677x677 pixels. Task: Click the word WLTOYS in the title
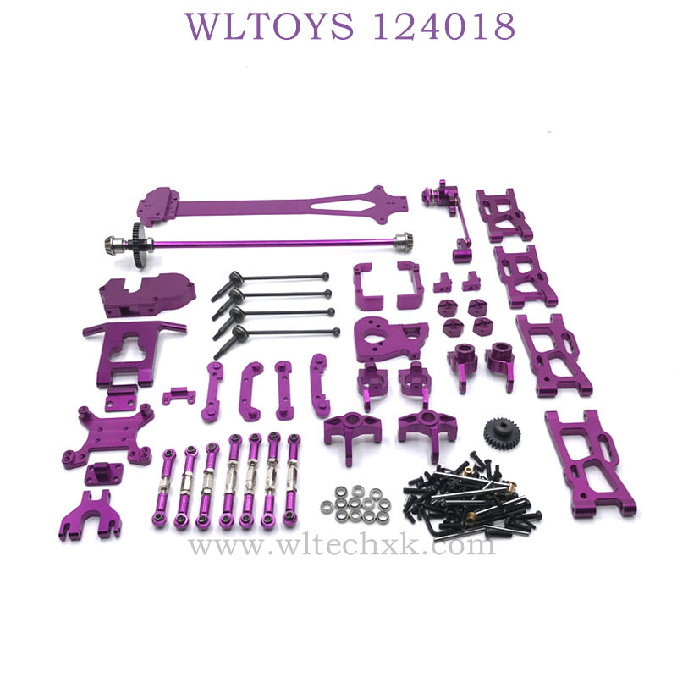pos(269,27)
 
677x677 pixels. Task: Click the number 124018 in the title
pos(444,27)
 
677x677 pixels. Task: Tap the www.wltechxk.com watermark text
pos(341,546)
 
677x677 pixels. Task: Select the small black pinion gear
pos(502,433)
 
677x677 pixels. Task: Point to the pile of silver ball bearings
pos(356,504)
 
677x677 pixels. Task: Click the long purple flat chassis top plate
pos(272,206)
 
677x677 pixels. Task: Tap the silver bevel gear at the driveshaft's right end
pos(403,239)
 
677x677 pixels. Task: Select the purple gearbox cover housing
pos(146,294)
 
